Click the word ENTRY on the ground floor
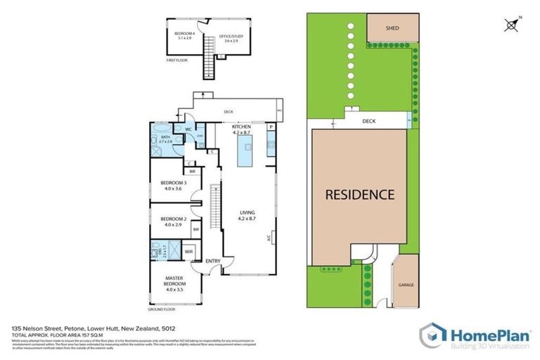click(212, 262)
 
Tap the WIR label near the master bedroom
click(189, 251)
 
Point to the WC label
click(188, 129)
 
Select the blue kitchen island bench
click(246, 151)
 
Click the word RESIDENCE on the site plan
click(359, 194)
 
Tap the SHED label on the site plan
click(392, 29)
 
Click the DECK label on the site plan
click(369, 121)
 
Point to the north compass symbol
click(513, 25)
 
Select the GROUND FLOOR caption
click(161, 309)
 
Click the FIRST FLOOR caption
click(176, 61)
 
